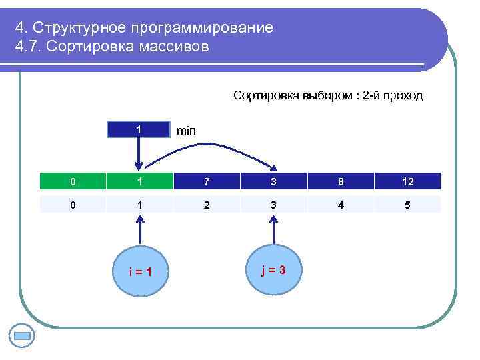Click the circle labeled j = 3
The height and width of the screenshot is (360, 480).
273,269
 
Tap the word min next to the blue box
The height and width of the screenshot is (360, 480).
186,131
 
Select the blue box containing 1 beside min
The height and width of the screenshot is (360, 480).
139,129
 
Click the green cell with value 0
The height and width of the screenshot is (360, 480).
73,181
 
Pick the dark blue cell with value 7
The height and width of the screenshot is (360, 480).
207,181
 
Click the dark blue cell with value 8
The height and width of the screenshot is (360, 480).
341,181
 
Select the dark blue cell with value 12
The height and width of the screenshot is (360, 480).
407,181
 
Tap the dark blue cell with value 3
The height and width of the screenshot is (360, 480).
273,181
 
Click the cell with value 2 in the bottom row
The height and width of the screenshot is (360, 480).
207,205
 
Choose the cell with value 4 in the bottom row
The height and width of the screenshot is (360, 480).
341,205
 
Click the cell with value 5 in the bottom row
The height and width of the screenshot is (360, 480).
407,205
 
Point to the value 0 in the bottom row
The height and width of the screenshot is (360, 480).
73,205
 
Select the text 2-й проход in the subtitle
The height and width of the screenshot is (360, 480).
392,95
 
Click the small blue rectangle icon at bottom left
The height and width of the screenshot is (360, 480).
23,335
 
